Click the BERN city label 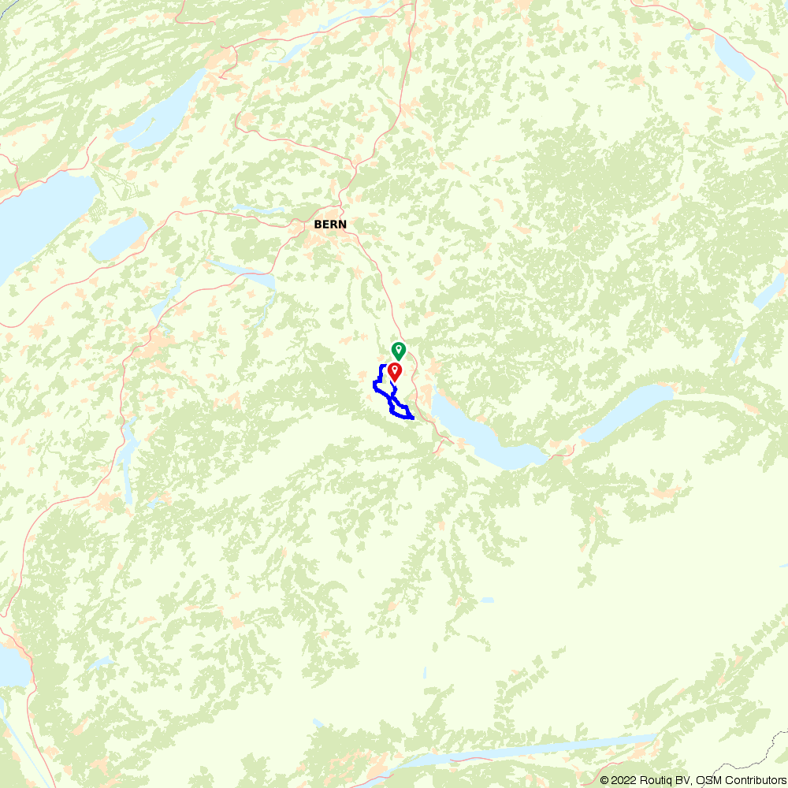click(x=329, y=225)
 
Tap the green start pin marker click(x=399, y=350)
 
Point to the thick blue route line click(x=376, y=384)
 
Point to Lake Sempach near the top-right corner click(x=734, y=55)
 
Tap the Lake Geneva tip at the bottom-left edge click(x=12, y=666)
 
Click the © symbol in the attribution click(x=604, y=780)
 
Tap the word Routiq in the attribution click(x=655, y=780)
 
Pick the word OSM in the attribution click(x=705, y=780)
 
